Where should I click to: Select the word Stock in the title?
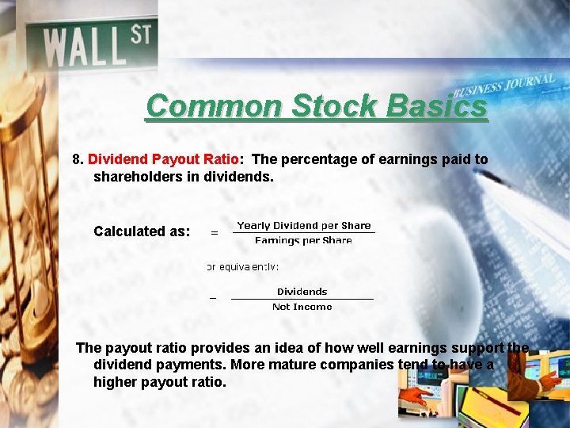pos(333,105)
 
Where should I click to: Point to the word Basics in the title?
pos(436,105)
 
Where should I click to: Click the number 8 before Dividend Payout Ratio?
pos(77,159)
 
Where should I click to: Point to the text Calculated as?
pos(142,231)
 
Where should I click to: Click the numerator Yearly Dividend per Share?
pos(304,226)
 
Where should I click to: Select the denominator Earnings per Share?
pos(303,240)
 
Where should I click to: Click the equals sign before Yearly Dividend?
pos(214,233)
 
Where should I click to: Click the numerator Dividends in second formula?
pos(302,292)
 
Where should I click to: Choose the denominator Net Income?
pos(302,307)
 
